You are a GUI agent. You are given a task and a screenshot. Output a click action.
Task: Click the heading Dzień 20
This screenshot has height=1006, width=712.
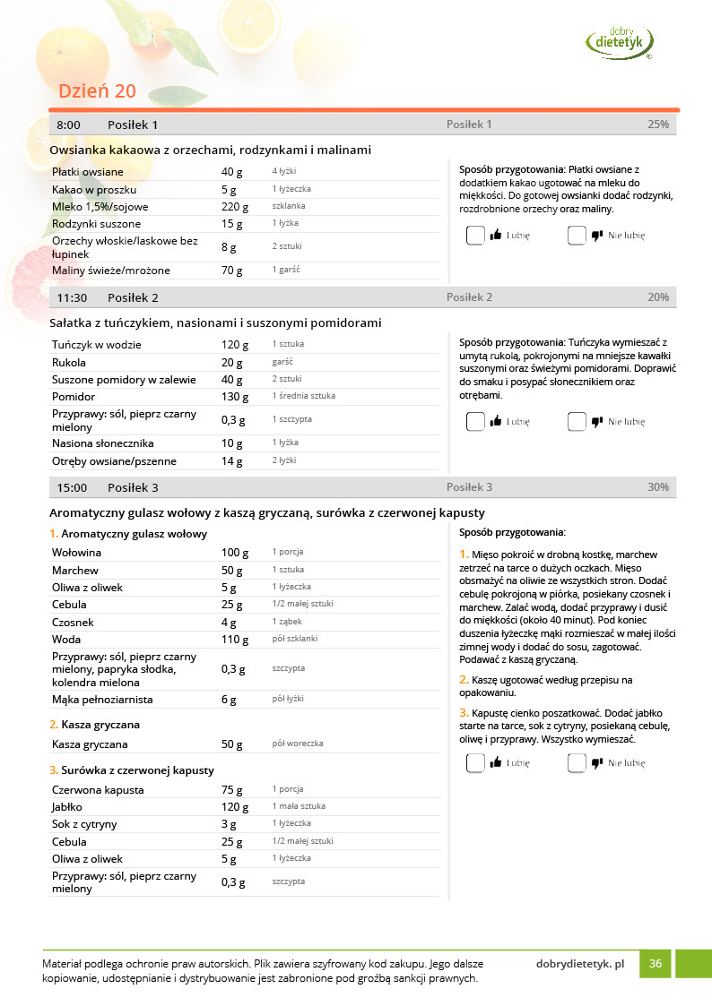click(x=97, y=91)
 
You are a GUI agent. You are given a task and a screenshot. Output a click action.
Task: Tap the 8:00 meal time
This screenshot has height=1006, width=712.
click(x=68, y=125)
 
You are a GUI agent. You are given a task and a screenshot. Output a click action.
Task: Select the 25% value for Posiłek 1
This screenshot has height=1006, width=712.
click(x=657, y=125)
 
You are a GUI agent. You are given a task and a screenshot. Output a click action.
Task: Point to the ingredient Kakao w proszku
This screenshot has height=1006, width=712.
click(x=94, y=189)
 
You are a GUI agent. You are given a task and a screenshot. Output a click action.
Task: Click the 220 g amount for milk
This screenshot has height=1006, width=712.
click(x=232, y=206)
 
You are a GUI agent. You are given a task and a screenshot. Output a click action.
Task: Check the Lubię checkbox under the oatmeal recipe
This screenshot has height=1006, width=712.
click(x=475, y=236)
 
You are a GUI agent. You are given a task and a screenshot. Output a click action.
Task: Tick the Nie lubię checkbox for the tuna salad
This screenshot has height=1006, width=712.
click(x=577, y=421)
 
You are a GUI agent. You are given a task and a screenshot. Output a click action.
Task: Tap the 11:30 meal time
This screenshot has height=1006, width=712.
click(x=72, y=297)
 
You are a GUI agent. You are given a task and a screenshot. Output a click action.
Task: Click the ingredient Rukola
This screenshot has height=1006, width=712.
click(x=69, y=363)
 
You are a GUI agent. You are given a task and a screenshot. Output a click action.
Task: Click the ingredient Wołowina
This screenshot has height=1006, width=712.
click(x=76, y=553)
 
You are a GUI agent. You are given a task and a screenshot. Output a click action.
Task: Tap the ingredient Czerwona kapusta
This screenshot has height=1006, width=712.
click(x=98, y=790)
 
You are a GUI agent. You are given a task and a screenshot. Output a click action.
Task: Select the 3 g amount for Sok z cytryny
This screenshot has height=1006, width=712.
click(x=228, y=824)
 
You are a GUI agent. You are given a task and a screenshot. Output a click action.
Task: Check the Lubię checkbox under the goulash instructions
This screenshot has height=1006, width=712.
click(x=475, y=763)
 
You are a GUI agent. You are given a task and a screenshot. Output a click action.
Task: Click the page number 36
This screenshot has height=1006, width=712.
click(x=656, y=964)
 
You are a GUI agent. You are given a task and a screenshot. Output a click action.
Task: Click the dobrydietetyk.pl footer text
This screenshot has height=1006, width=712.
click(x=579, y=964)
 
